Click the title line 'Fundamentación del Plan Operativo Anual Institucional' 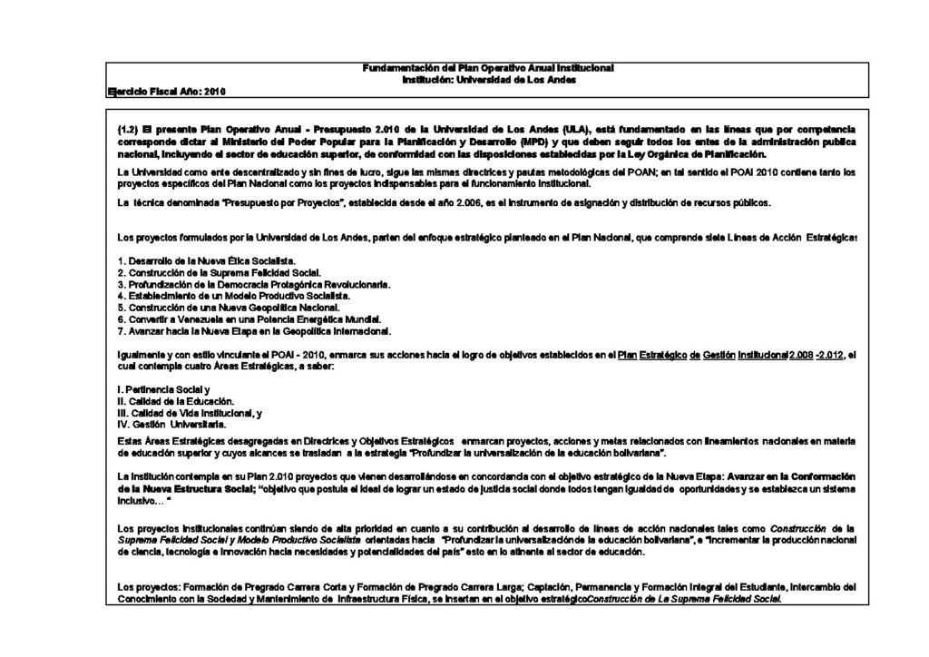(488, 69)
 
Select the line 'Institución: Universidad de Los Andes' (488, 80)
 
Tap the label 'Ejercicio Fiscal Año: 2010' (166, 92)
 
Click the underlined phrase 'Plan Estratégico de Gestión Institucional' (702, 355)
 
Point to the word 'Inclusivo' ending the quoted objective (138, 500)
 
